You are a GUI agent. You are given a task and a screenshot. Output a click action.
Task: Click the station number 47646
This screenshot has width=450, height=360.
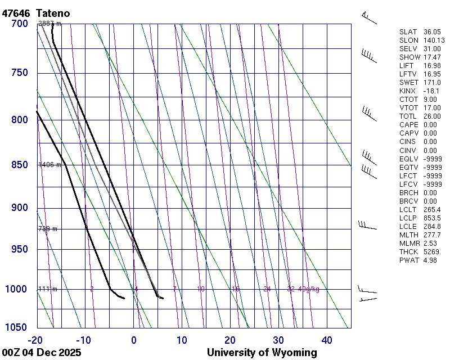pos(16,13)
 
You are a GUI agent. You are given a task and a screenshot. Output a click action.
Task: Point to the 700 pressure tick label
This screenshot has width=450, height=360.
pos(19,24)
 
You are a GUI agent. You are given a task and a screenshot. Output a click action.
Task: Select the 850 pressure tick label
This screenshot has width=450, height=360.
pos(19,165)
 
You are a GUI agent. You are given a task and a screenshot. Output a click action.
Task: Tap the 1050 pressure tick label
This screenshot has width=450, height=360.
pos(16,327)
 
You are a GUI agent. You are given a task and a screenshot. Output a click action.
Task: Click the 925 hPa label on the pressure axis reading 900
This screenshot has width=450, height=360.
pos(19,208)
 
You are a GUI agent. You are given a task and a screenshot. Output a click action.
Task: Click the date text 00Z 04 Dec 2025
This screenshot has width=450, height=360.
pos(42,353)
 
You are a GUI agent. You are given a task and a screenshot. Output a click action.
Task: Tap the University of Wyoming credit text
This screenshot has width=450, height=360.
pos(262,353)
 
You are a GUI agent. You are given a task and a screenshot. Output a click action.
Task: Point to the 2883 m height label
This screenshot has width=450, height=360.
pos(49,24)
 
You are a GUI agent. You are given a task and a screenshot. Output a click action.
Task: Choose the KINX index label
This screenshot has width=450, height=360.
pos(408,91)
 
